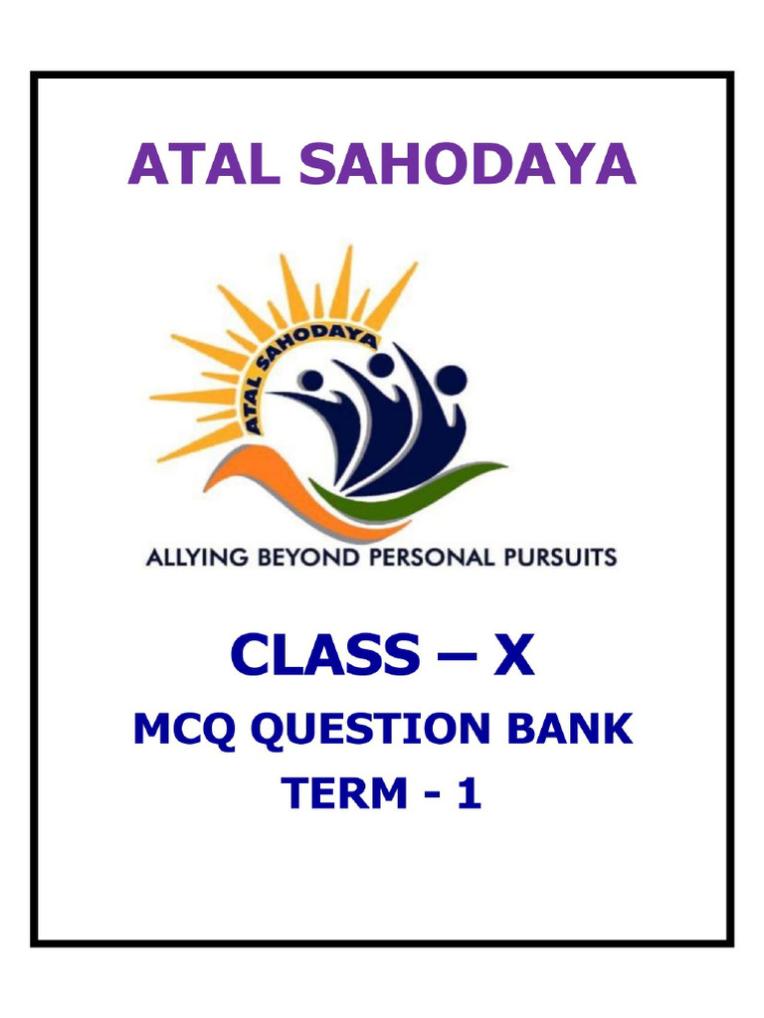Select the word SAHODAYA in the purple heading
click(468, 164)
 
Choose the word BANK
click(569, 729)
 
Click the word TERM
click(343, 792)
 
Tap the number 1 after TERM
click(470, 792)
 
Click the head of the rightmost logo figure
click(451, 379)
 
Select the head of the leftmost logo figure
click(313, 380)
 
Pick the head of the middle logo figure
click(381, 366)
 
